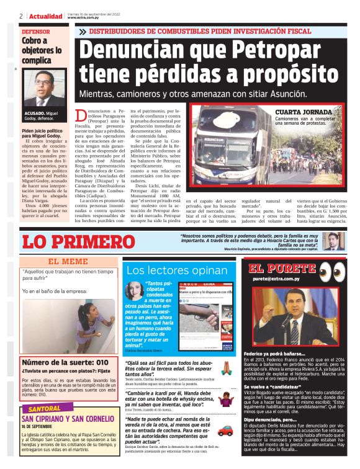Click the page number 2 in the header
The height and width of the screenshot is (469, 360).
click(x=21, y=16)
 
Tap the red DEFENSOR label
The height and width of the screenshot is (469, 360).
click(x=37, y=31)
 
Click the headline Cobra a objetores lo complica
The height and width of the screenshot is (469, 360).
click(x=42, y=50)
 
